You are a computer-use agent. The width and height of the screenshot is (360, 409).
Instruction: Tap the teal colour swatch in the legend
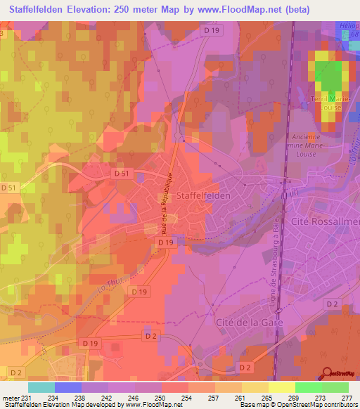pos(41,387)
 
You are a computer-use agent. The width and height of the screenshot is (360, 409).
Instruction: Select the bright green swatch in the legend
pos(308,387)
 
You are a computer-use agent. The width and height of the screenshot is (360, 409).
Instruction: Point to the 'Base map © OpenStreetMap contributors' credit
pos(298,405)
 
